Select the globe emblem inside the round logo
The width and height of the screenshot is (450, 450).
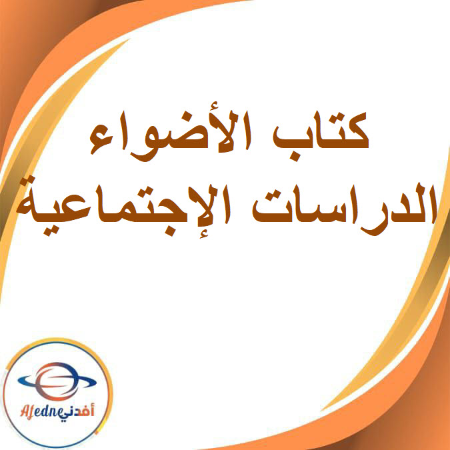(x=57, y=384)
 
